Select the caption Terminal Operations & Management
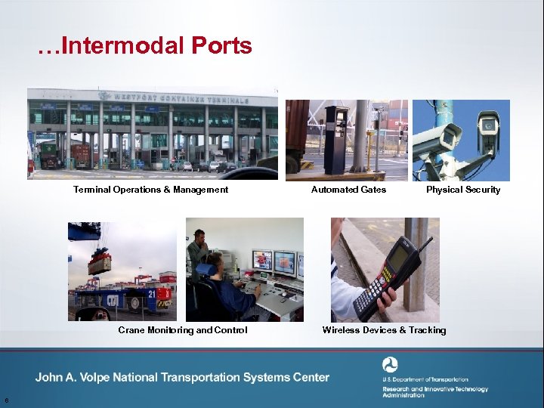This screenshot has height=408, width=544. pyautogui.click(x=150, y=190)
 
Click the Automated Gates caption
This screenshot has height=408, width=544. pyautogui.click(x=348, y=190)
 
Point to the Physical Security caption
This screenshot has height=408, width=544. pyautogui.click(x=462, y=190)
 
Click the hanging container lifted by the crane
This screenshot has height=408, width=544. pyautogui.click(x=100, y=264)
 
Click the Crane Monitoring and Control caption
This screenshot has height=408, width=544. pyautogui.click(x=182, y=330)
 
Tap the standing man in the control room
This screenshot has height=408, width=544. pyautogui.click(x=199, y=249)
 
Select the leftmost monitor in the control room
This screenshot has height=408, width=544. pyautogui.click(x=261, y=261)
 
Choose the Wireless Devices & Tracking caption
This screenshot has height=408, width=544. pyautogui.click(x=384, y=330)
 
